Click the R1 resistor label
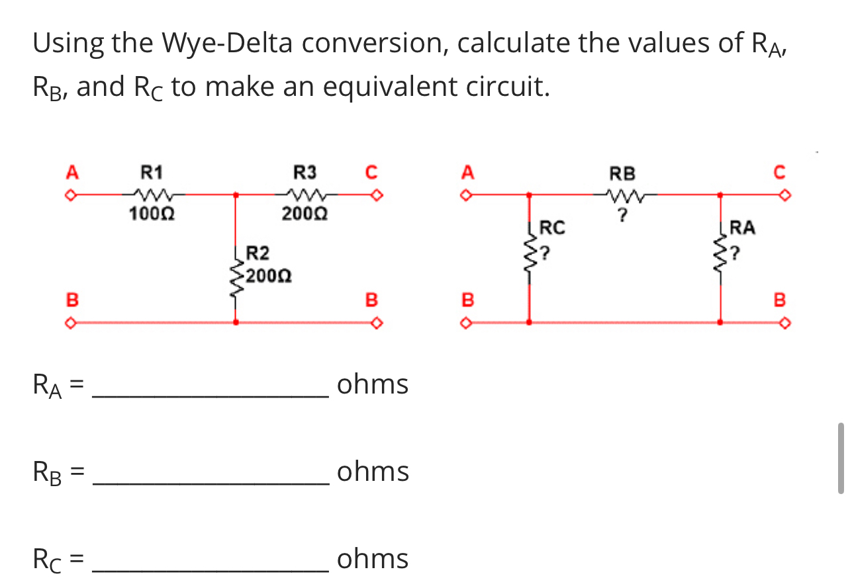[x=152, y=174]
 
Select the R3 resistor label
[x=305, y=174]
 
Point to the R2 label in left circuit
[x=258, y=252]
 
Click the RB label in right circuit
[x=622, y=174]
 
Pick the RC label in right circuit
[x=553, y=228]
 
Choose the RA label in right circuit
[x=742, y=228]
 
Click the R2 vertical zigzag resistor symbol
[x=236, y=275]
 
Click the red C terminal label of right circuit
[x=779, y=173]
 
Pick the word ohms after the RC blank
[x=373, y=559]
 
